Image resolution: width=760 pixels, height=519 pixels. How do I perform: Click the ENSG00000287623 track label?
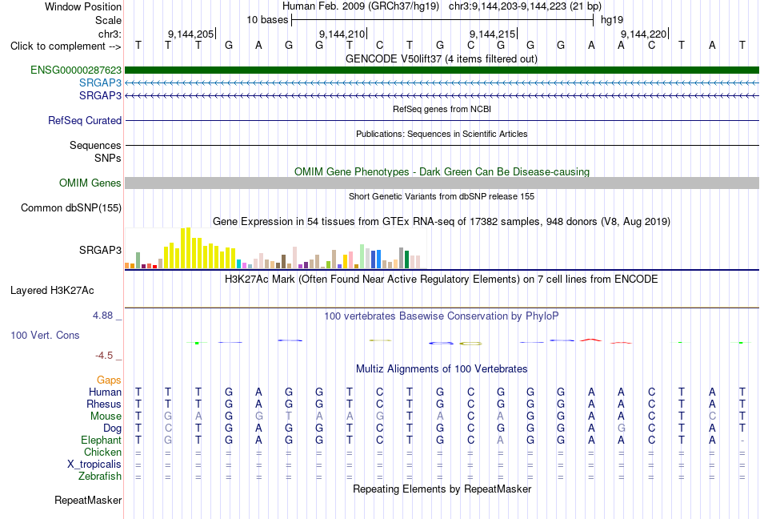(76, 70)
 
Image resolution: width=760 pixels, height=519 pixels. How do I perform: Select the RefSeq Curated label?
(85, 120)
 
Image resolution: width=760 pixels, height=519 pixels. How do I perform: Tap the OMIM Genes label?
(90, 183)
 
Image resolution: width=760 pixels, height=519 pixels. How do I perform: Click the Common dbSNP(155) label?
(71, 207)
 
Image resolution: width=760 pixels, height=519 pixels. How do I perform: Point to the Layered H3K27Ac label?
(52, 290)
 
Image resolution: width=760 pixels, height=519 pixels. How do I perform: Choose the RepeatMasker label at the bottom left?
(88, 500)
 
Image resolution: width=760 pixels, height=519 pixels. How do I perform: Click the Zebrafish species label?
(100, 477)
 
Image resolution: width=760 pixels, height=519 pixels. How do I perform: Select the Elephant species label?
(102, 440)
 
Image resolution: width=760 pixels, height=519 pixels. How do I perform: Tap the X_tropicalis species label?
(94, 465)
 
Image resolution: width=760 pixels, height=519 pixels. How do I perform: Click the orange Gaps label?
(109, 380)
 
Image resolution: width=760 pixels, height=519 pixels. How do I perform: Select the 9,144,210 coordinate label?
(342, 34)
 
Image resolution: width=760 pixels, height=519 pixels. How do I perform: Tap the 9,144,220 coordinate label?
(644, 34)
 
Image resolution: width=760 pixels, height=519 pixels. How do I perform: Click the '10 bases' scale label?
(267, 20)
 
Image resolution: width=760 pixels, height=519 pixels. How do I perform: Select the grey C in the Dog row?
(168, 428)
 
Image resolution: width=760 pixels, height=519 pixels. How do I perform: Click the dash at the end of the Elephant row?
(742, 441)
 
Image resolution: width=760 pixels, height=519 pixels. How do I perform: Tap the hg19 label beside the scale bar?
(612, 20)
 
